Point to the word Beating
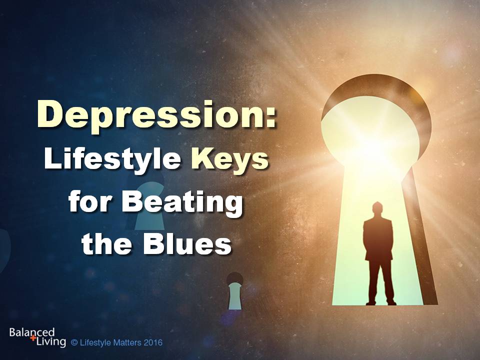click(182, 203)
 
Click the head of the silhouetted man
click(378, 209)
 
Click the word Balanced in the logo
click(32, 332)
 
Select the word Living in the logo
click(51, 341)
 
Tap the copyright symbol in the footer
click(74, 342)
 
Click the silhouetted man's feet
click(381, 302)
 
